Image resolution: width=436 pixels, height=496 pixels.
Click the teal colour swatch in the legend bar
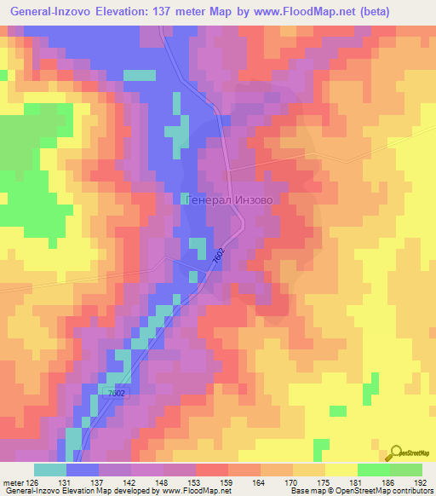pos(50,470)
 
